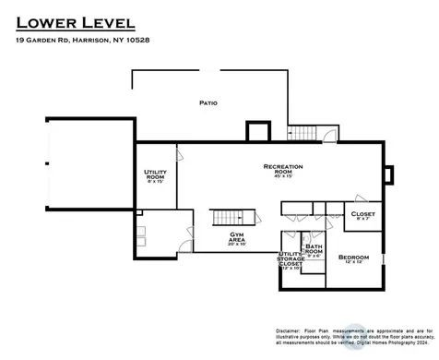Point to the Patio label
point(208,102)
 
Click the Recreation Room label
point(283,169)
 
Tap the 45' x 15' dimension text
point(283,177)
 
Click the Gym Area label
point(237,237)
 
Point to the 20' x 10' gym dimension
point(237,245)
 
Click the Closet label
point(362,213)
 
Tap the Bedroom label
point(353,256)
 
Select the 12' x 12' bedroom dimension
point(353,263)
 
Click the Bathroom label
point(314,249)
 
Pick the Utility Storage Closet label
point(290,259)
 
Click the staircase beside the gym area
point(231,218)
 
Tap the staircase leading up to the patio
point(301,135)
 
